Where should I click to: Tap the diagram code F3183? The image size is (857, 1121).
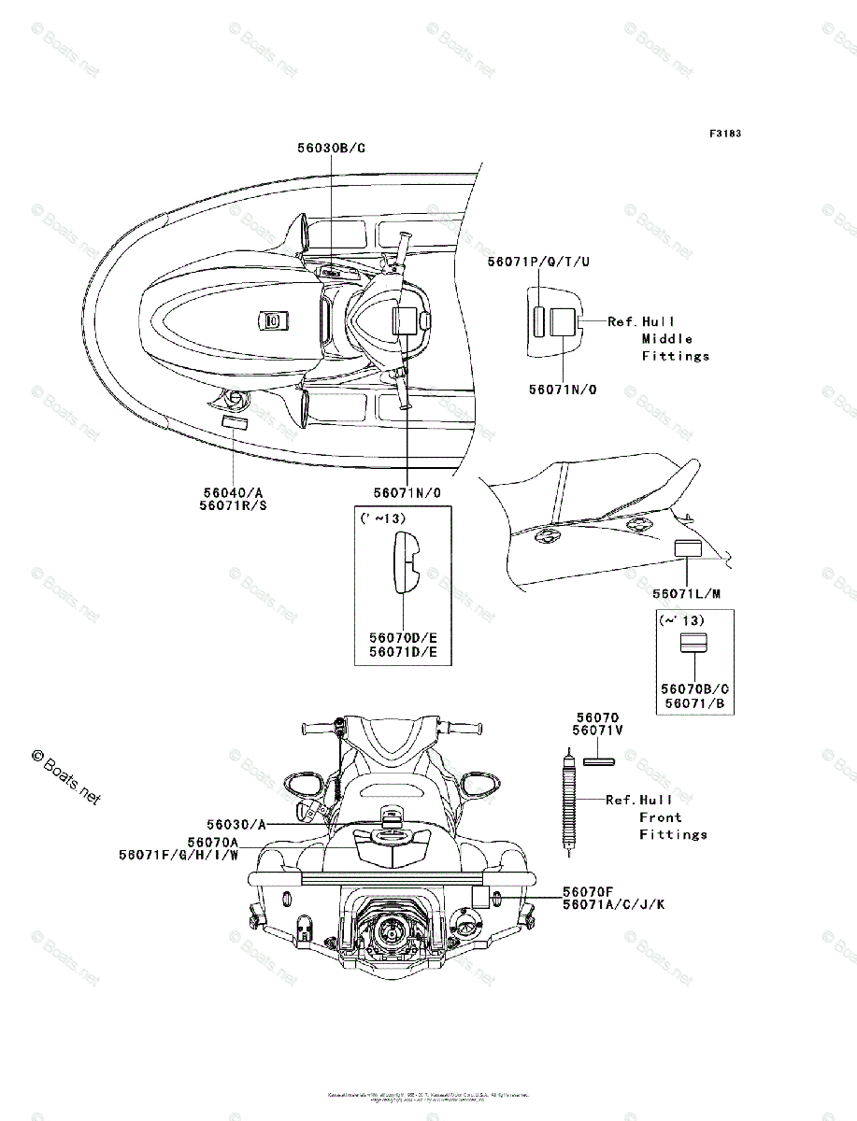724,134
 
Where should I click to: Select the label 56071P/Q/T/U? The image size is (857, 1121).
538,263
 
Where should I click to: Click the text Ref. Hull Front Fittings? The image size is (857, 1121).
656,816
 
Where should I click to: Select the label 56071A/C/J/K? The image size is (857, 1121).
614,905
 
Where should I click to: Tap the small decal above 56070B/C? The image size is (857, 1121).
693,643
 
